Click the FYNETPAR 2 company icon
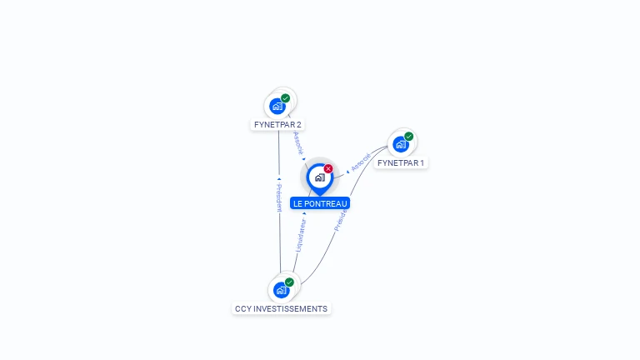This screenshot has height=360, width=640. [x=277, y=107]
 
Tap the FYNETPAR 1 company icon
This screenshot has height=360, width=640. [x=401, y=144]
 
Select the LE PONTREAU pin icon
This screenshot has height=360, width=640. [x=319, y=177]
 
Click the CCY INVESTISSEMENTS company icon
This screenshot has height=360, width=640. [x=281, y=290]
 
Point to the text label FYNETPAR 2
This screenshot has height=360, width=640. [x=278, y=125]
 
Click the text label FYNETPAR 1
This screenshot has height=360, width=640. [x=401, y=163]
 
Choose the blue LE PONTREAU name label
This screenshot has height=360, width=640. [x=320, y=203]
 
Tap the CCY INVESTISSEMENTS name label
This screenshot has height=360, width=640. [x=281, y=309]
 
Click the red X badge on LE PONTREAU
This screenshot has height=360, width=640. [x=328, y=168]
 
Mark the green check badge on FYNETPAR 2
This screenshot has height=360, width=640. [x=286, y=98]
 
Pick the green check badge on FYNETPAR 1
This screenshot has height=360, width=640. [x=409, y=136]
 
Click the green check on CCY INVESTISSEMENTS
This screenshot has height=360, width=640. [x=289, y=282]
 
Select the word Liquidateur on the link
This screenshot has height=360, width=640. [x=300, y=235]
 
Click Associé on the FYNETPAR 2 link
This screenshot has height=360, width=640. [x=297, y=142]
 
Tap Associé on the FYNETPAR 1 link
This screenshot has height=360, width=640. [x=361, y=162]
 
